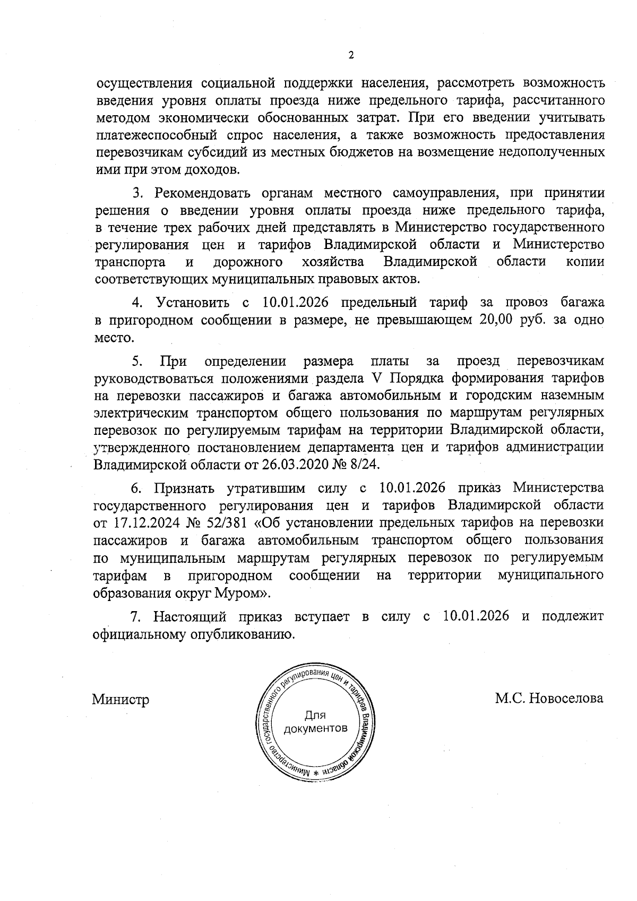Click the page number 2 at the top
350,55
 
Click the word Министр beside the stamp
120,699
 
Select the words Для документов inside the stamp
315,722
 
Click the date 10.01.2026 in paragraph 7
475,616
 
